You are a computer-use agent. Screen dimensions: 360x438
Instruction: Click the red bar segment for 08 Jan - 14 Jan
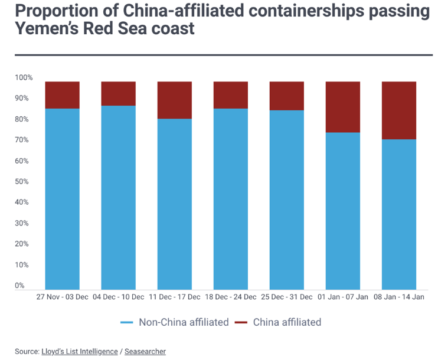(399, 110)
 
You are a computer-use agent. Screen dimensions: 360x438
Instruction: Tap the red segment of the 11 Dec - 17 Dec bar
(174, 100)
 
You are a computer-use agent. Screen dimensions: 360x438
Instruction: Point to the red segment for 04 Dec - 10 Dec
(118, 94)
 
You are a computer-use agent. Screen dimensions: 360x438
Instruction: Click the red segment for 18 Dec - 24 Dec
(231, 95)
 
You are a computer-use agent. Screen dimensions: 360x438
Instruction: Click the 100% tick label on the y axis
(24, 78)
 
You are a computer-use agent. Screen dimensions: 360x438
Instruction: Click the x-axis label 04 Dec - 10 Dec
(118, 297)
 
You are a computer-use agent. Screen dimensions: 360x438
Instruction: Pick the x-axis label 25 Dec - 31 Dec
(287, 297)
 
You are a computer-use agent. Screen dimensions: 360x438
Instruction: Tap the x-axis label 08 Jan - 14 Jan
(399, 297)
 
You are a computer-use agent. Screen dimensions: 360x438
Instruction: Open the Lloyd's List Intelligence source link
(80, 351)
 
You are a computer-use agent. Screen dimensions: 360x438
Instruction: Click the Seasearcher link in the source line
(145, 351)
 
